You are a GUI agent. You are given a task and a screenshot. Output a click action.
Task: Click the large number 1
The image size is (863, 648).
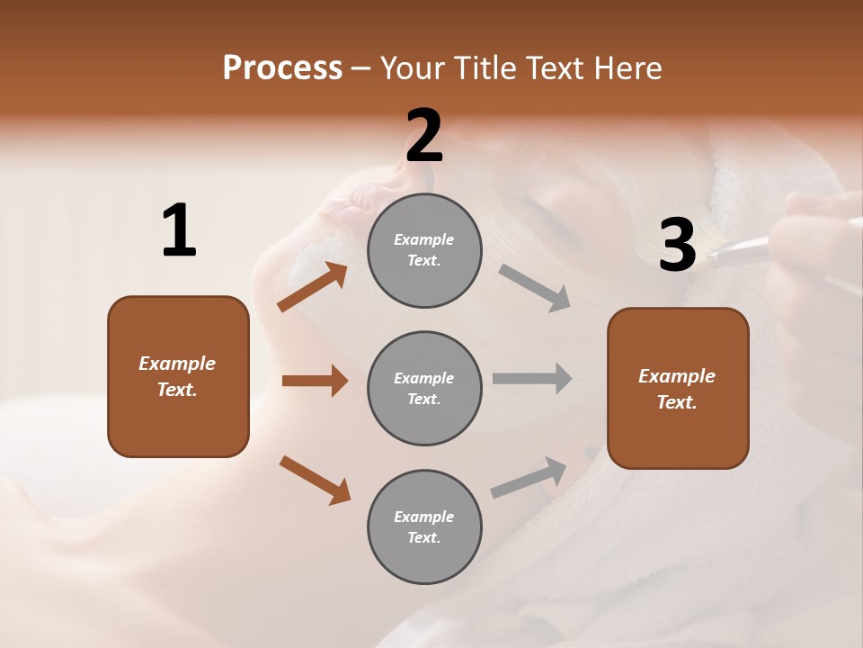(179, 231)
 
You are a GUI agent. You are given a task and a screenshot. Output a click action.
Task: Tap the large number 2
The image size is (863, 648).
(424, 136)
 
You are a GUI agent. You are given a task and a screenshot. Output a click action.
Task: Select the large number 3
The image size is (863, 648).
(678, 245)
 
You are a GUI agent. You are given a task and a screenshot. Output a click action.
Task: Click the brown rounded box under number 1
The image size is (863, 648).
(178, 376)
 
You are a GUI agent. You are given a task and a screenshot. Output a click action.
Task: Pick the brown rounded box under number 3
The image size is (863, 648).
(678, 388)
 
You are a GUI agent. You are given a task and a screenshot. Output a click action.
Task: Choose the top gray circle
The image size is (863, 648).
(424, 250)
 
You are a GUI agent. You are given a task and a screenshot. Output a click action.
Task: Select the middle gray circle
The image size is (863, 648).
(424, 388)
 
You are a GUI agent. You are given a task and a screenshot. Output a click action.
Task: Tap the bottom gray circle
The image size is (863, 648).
(424, 526)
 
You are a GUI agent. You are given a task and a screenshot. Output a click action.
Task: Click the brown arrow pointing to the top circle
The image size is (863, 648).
(313, 286)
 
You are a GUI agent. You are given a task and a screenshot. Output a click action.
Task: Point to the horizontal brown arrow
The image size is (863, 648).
(315, 381)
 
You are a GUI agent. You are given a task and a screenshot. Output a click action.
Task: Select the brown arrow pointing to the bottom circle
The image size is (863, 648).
(315, 479)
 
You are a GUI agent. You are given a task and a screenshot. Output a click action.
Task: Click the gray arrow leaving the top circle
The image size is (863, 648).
(535, 287)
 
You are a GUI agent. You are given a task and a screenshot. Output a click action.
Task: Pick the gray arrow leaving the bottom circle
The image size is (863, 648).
(529, 478)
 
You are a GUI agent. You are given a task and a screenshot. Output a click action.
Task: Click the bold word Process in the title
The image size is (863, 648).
(282, 67)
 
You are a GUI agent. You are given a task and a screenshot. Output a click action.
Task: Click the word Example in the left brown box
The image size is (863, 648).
(177, 364)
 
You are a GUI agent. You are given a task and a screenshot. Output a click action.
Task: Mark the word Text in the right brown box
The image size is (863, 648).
(677, 402)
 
